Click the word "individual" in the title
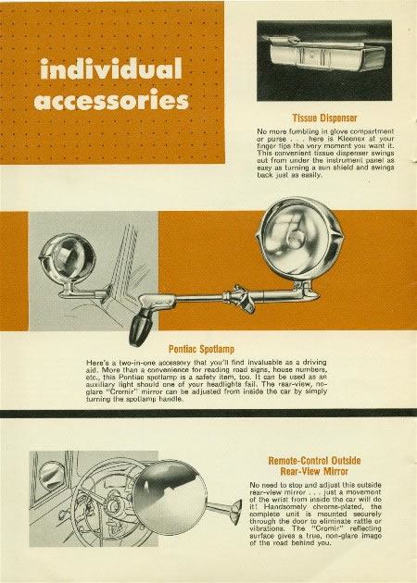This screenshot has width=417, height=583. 111,68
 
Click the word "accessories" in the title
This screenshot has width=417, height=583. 111,101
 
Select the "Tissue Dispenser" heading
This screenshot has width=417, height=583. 324,118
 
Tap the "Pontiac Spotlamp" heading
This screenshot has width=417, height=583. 201,349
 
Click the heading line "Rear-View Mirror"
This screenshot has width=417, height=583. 314,471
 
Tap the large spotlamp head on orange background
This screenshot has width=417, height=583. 299,239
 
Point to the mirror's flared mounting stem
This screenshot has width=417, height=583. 224,510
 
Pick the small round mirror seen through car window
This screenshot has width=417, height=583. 51,476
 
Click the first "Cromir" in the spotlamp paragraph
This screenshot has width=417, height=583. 121,391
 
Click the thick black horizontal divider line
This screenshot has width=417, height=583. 208,414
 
